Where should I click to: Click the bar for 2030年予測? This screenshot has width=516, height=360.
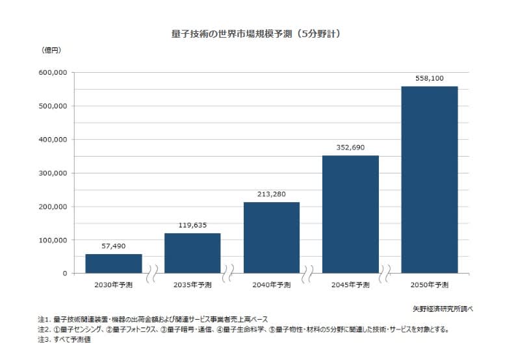[113, 263]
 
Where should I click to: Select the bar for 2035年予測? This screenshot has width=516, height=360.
[192, 253]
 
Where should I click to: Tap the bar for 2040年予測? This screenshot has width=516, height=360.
[271, 237]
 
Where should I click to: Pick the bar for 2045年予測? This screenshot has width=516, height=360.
[350, 214]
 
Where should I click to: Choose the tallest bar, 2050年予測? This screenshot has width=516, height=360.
[429, 179]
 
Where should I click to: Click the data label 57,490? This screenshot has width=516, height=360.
[113, 246]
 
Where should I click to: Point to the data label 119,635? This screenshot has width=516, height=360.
[192, 225]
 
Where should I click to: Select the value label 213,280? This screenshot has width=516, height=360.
[271, 194]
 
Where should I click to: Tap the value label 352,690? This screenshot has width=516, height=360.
[350, 148]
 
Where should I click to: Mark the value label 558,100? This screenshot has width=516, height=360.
[429, 78]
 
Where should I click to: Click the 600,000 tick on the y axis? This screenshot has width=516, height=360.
[53, 72]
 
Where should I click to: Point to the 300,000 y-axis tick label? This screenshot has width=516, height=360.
[53, 173]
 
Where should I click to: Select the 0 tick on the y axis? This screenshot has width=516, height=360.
[64, 274]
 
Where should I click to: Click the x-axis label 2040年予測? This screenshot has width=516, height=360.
[271, 285]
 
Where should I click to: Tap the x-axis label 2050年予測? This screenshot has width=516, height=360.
[429, 285]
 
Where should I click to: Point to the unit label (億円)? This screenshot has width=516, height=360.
[51, 50]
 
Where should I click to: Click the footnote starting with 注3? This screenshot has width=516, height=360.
[64, 340]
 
